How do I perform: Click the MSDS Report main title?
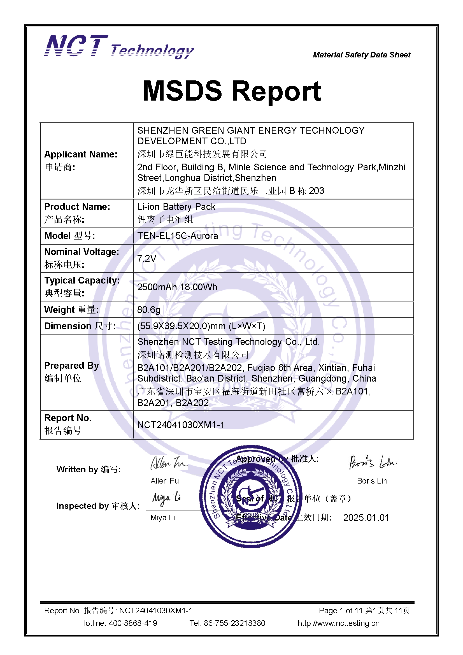pos(232,91)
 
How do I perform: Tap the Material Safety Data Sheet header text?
pos(361,55)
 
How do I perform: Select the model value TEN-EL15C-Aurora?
pos(177,236)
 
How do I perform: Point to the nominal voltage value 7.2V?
pos(147,259)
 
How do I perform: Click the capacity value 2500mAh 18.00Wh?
pos(177,287)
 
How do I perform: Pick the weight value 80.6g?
pos(149,310)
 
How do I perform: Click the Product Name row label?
pos(77,206)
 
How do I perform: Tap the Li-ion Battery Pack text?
pos(176,206)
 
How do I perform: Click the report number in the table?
pos(181,425)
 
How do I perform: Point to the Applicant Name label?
pos(81,154)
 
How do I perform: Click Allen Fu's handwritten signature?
pos(168,463)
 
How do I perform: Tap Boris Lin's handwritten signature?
pos(372,462)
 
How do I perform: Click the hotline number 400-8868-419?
pos(133,623)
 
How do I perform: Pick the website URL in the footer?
pos(338,623)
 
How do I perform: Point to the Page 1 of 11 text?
pos(340,610)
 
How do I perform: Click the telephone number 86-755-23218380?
pos(234,623)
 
